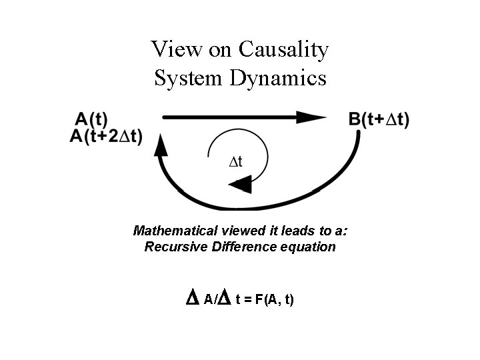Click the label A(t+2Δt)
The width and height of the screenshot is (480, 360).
106,137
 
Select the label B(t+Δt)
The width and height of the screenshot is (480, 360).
379,120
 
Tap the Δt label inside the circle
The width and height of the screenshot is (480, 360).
235,161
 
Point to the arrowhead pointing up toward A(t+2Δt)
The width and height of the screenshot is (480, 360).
160,145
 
